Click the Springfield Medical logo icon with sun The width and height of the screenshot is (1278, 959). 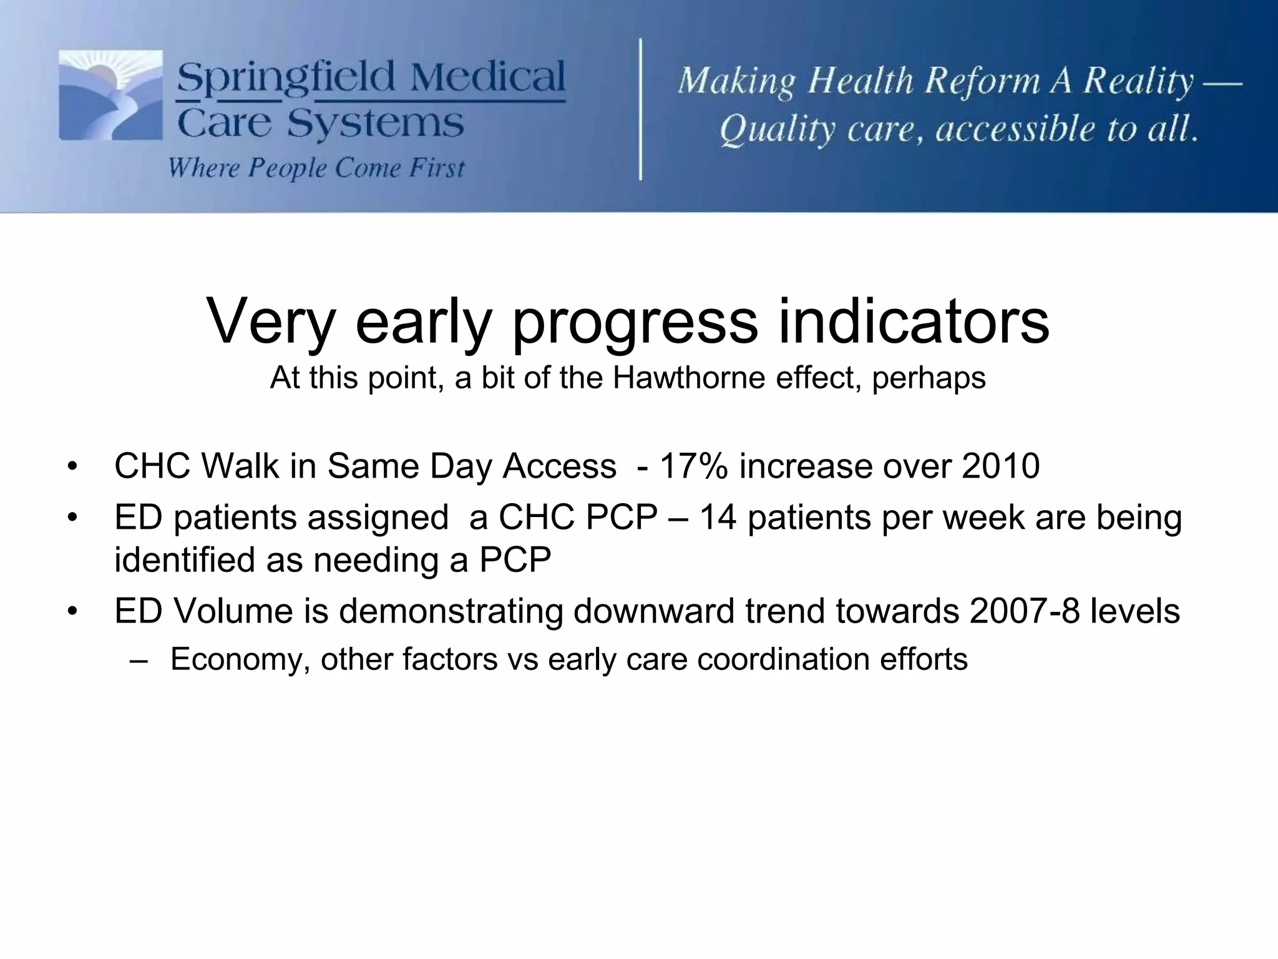click(110, 95)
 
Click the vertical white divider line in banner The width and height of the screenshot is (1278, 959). click(641, 109)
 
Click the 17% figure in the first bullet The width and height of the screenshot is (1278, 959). click(693, 466)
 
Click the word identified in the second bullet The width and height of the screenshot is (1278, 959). click(185, 560)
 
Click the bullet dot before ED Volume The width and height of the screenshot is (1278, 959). click(73, 612)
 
